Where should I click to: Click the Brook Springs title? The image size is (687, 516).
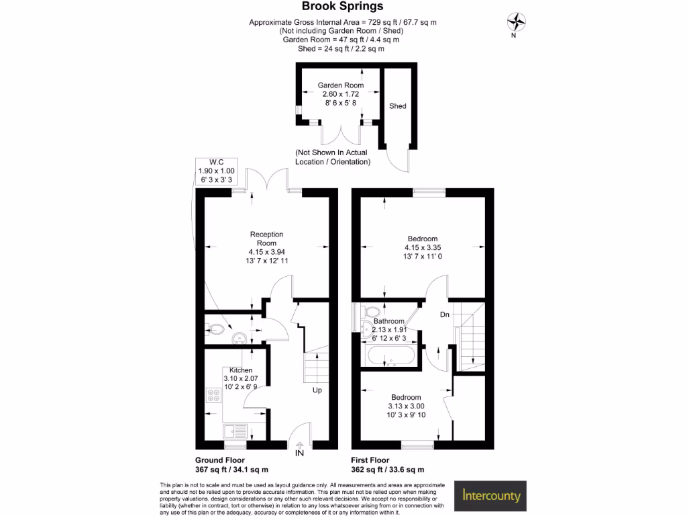click(x=343, y=7)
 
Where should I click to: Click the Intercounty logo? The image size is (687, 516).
click(x=492, y=497)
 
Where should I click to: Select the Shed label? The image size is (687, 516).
click(x=398, y=106)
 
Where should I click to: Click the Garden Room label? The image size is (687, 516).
click(x=341, y=85)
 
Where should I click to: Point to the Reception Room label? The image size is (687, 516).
click(x=267, y=239)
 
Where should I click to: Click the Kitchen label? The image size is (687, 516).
click(x=241, y=370)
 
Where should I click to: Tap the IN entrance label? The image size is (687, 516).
click(x=299, y=455)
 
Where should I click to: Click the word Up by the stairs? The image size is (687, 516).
click(x=317, y=390)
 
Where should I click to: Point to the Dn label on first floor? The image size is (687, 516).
click(x=444, y=314)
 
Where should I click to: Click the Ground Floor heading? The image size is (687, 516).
click(x=220, y=460)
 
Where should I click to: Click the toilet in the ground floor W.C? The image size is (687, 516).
click(x=215, y=329)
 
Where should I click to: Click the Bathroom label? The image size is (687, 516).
click(x=389, y=321)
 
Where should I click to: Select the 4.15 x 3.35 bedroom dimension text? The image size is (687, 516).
click(x=423, y=248)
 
